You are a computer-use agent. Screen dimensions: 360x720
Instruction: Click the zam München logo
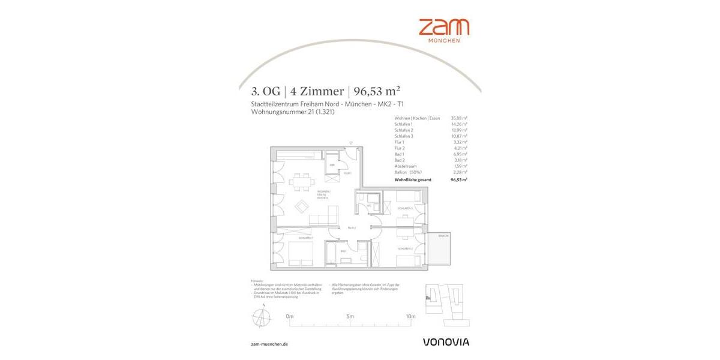[x=443, y=30]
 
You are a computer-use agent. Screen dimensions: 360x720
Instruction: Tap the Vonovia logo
[x=446, y=342]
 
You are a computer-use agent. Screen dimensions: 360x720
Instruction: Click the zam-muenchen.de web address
[x=269, y=344]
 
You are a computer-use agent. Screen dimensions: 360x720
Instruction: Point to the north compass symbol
[x=262, y=316]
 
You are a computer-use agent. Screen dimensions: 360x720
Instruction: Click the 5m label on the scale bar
[x=350, y=316]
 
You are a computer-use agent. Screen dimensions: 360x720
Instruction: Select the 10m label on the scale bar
[x=410, y=316]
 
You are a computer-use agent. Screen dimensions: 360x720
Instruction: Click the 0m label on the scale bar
[x=290, y=316]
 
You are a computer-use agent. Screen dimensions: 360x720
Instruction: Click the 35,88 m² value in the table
[x=459, y=118]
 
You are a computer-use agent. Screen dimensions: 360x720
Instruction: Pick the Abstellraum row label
[x=406, y=166]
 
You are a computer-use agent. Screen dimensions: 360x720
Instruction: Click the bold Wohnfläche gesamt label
[x=413, y=179]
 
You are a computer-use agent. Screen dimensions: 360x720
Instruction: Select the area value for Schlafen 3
[x=460, y=136]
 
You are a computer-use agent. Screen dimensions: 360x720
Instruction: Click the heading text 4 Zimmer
[x=317, y=92]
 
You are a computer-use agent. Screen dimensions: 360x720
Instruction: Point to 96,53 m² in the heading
[x=377, y=91]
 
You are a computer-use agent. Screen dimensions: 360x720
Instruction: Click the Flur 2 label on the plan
[x=352, y=228]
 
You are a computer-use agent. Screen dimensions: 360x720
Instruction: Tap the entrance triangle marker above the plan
[x=351, y=143]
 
